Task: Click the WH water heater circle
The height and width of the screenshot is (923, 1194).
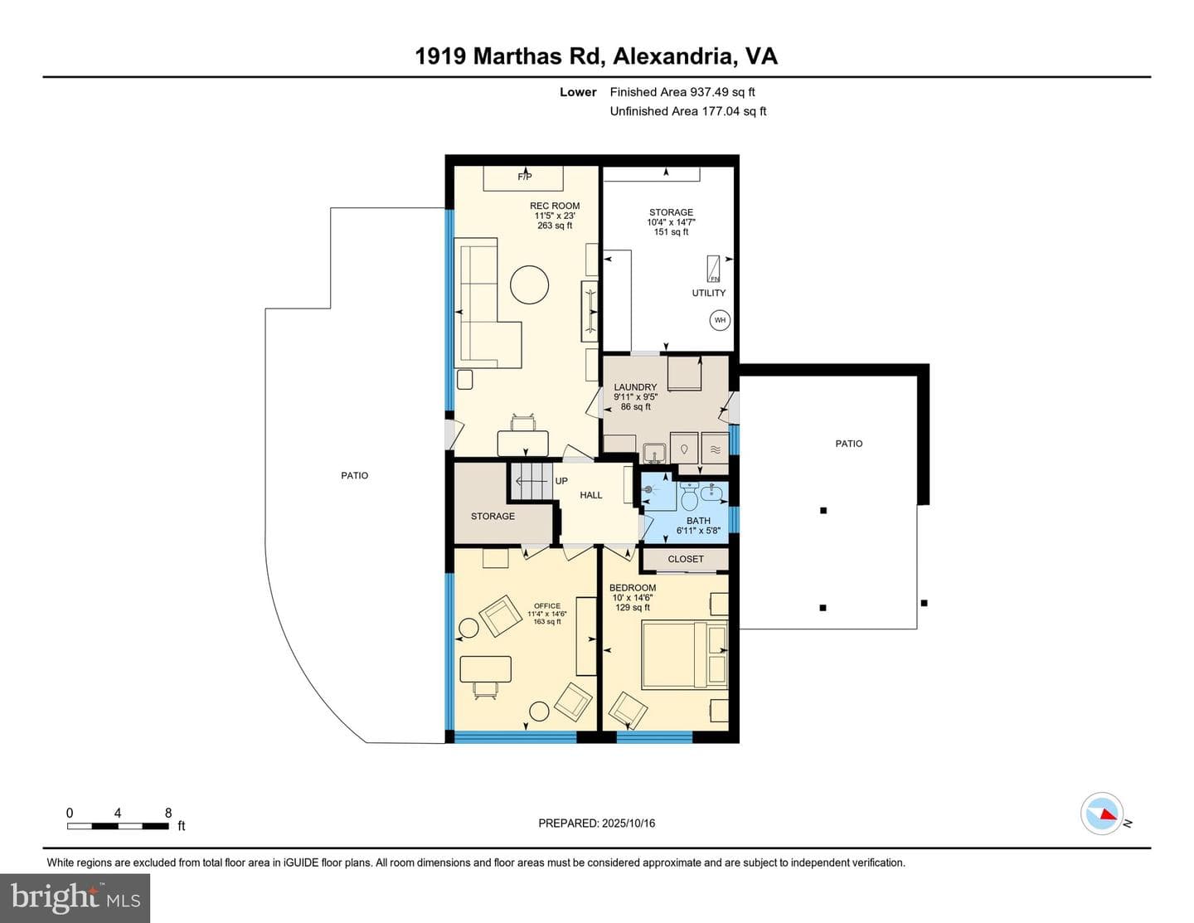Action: click(720, 320)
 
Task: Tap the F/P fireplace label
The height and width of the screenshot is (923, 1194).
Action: click(525, 177)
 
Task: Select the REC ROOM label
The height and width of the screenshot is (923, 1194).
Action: click(555, 206)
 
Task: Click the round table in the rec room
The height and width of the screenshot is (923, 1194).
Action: click(529, 284)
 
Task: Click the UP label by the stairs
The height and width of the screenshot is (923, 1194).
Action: click(561, 481)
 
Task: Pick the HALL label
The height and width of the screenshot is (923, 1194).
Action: click(591, 495)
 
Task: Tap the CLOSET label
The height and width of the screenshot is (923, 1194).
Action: click(686, 559)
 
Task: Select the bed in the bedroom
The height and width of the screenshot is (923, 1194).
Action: click(685, 655)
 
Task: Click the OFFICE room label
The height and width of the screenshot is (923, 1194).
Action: click(547, 606)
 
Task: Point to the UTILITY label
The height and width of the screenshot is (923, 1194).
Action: click(709, 293)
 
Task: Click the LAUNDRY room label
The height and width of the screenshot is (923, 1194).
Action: click(635, 386)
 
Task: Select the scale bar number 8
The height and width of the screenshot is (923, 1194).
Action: click(168, 813)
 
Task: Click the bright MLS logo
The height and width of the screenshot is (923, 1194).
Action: click(75, 899)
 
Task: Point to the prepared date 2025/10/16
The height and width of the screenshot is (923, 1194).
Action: click(628, 823)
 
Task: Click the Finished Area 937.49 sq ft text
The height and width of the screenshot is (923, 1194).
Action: click(682, 92)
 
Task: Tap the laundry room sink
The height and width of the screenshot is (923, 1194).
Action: click(654, 454)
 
